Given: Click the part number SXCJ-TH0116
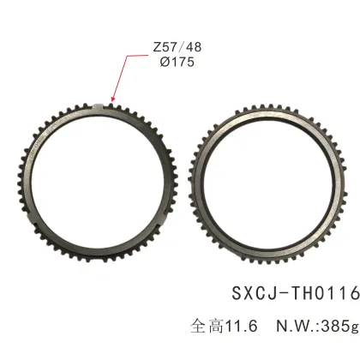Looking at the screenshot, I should point(294,292).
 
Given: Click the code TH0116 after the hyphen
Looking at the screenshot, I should point(322,292).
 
